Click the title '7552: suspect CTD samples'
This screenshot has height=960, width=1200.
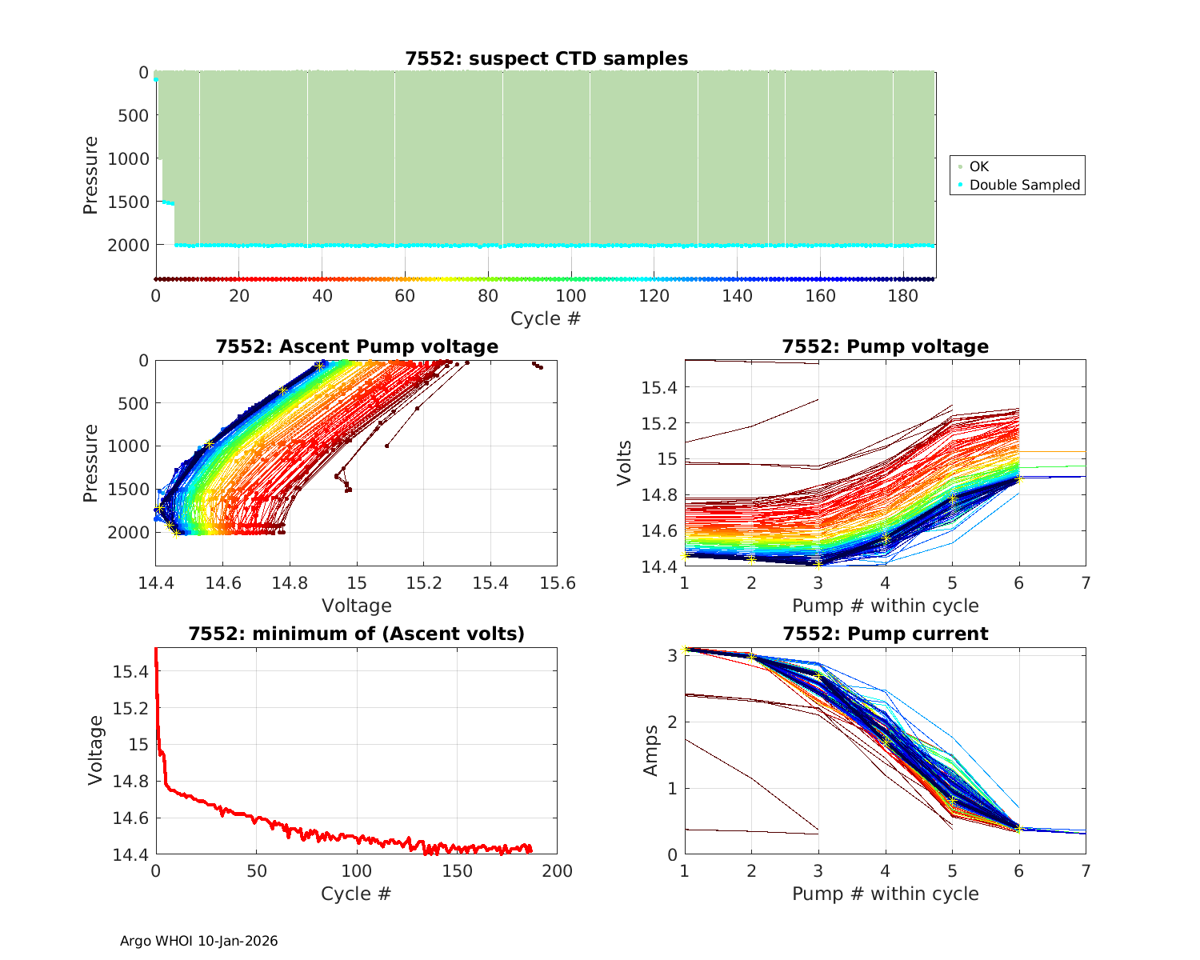pos(546,58)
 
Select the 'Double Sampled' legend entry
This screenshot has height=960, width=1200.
pos(1024,185)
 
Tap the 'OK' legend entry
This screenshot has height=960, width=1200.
pos(978,166)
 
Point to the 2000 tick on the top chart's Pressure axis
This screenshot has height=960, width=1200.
pos(128,245)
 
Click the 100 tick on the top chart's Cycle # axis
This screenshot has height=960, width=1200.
pos(571,296)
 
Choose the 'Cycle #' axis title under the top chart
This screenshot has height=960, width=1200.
pos(546,318)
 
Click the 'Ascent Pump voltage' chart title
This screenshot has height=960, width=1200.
pos(357,346)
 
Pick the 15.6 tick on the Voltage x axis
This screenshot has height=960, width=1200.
pos(558,583)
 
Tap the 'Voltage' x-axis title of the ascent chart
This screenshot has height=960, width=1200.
pos(357,606)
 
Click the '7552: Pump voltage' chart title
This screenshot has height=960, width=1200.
pos(885,346)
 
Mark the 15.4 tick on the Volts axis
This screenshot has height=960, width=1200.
pos(659,388)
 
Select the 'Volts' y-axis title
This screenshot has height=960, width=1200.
pos(625,463)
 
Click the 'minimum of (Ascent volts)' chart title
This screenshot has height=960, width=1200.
pos(357,634)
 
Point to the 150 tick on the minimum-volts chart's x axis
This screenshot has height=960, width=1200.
pos(457,871)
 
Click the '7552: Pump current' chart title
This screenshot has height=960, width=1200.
pos(885,634)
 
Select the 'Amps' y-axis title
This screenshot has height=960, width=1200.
pos(651,750)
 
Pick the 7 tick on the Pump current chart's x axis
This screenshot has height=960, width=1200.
pos(1086,871)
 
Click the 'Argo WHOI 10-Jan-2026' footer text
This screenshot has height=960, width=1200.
pos(199,941)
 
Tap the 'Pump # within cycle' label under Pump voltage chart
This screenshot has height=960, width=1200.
pos(885,606)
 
